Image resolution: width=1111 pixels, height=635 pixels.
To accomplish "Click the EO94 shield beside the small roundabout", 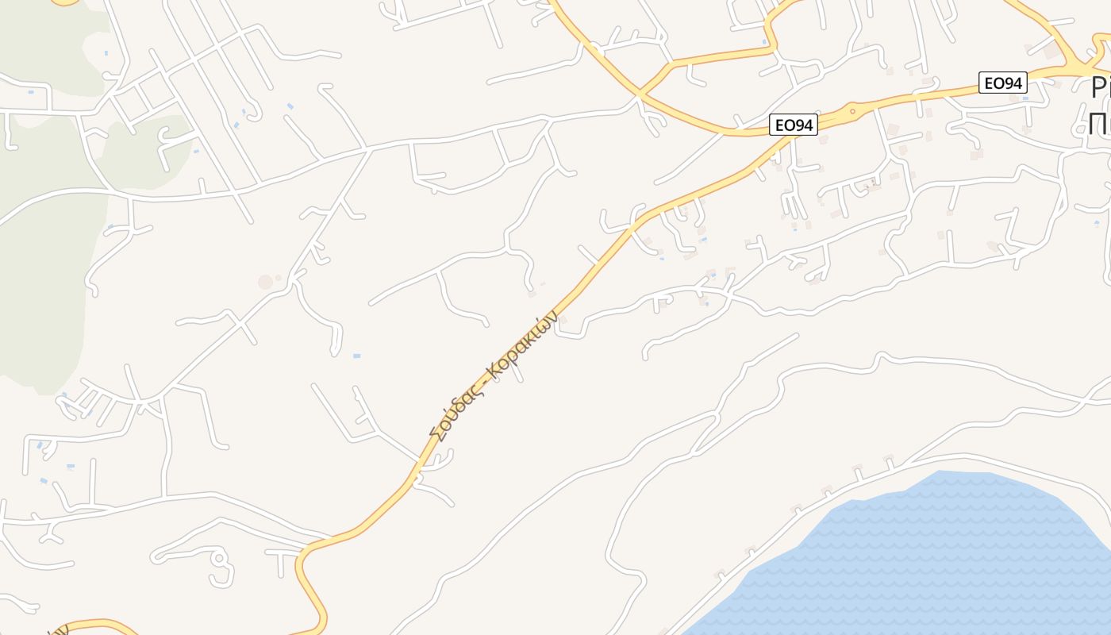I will coord(793,125).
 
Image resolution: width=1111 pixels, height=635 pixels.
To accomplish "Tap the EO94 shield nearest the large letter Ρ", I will coord(1003,82).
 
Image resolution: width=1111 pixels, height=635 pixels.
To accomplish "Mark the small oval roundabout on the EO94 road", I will coord(852,110).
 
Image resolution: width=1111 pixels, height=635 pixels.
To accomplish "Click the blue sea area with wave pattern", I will coord(936,556).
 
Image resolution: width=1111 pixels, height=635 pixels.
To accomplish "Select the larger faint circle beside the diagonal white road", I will coord(266,282).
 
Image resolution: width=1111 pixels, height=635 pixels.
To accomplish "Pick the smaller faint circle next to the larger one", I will coord(279,277).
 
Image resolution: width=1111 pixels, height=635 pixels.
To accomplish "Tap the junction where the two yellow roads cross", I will coord(640,93).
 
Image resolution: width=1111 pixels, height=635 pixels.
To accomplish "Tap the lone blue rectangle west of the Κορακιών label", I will coord(356,356).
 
